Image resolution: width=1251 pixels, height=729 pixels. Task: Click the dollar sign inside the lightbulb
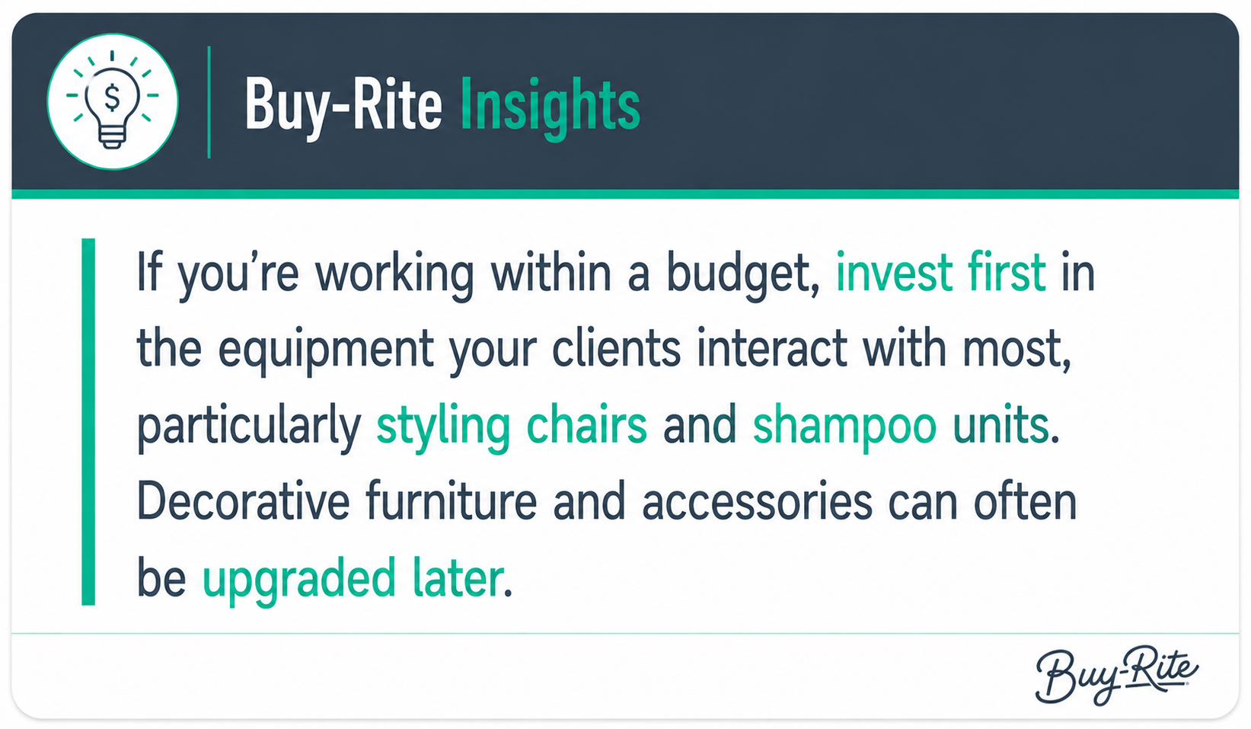coord(112,98)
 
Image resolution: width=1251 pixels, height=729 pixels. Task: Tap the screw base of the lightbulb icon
coord(112,137)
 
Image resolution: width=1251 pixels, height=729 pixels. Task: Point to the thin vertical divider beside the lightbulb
coord(209,102)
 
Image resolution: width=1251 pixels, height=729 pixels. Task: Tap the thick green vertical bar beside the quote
coord(88,422)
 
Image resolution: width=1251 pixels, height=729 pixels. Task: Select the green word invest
coord(894,273)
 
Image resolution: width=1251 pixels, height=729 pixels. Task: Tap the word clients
coord(616,349)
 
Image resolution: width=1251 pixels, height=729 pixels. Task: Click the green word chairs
coord(586,425)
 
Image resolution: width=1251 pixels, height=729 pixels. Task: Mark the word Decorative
coord(243,501)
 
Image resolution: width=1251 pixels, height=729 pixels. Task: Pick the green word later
coord(458,578)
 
